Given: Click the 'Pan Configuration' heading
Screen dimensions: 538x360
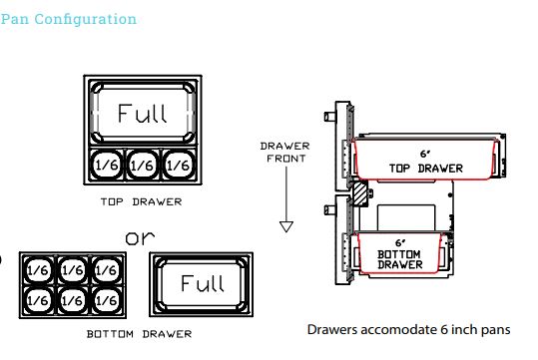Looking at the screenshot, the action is (68, 20).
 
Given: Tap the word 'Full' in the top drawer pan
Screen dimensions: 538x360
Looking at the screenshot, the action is (143, 113).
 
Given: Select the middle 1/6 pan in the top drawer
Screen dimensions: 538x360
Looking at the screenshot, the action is (143, 165).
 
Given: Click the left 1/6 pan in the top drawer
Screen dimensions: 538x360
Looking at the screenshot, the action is (107, 165).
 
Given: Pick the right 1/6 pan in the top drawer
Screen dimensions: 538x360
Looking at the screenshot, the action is (178, 165).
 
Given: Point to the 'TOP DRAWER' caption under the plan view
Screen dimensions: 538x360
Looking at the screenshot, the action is (141, 201).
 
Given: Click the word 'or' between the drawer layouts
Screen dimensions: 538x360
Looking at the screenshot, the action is (140, 237).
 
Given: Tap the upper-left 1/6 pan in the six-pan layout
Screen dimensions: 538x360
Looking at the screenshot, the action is (38, 270).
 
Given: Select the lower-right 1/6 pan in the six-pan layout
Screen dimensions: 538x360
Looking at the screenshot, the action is (107, 301).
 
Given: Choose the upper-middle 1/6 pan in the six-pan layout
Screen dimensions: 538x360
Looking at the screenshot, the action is (72, 270).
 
